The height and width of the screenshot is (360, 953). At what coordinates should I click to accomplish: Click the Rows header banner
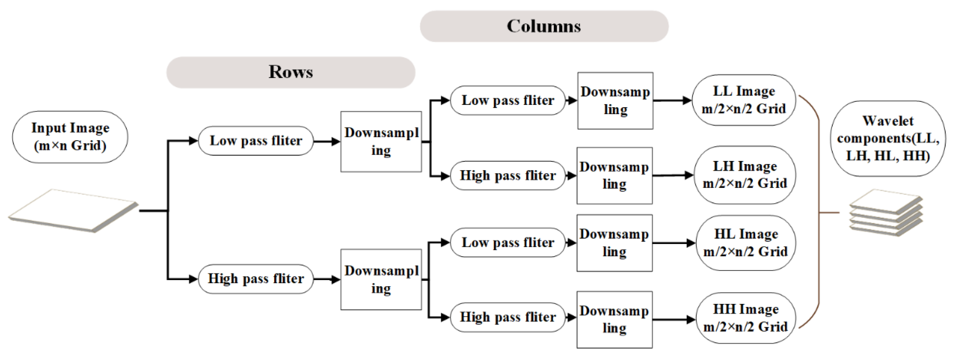[x=290, y=72]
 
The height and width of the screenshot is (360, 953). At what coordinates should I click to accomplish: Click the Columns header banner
[x=544, y=26]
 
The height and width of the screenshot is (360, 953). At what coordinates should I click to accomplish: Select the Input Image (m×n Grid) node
[x=70, y=137]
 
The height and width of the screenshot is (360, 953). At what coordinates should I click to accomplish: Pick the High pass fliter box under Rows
[x=256, y=279]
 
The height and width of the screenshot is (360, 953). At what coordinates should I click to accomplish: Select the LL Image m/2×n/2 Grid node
[x=744, y=100]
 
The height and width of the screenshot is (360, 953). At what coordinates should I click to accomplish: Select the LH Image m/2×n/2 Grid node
[x=744, y=175]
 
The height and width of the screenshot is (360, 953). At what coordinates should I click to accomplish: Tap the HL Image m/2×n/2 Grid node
[x=746, y=243]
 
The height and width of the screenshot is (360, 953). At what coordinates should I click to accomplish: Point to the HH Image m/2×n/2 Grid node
[x=746, y=318]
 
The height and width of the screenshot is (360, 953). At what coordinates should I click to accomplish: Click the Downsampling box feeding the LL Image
[x=615, y=101]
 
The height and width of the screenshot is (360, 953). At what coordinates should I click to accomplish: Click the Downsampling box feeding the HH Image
[x=614, y=320]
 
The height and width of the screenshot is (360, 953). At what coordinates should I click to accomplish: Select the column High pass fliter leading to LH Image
[x=508, y=176]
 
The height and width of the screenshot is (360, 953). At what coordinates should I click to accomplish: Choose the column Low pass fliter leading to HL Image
[x=508, y=243]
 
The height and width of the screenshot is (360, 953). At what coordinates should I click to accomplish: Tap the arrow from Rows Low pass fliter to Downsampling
[x=326, y=141]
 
